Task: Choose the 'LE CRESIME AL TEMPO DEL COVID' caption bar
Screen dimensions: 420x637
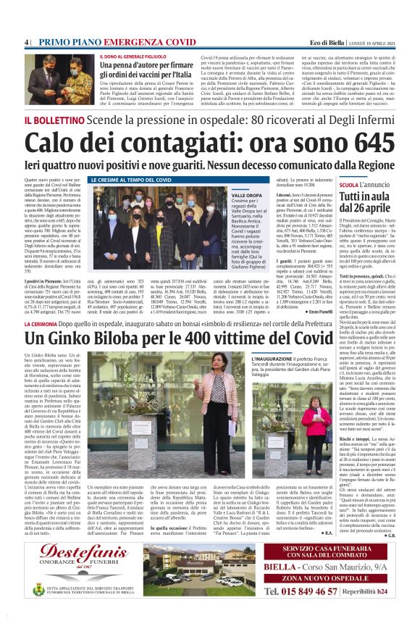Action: tap(131, 179)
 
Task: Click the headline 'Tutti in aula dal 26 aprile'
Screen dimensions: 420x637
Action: tap(365, 204)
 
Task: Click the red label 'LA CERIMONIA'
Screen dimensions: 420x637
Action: tap(46, 320)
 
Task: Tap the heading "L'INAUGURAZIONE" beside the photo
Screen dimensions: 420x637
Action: tap(274, 359)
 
